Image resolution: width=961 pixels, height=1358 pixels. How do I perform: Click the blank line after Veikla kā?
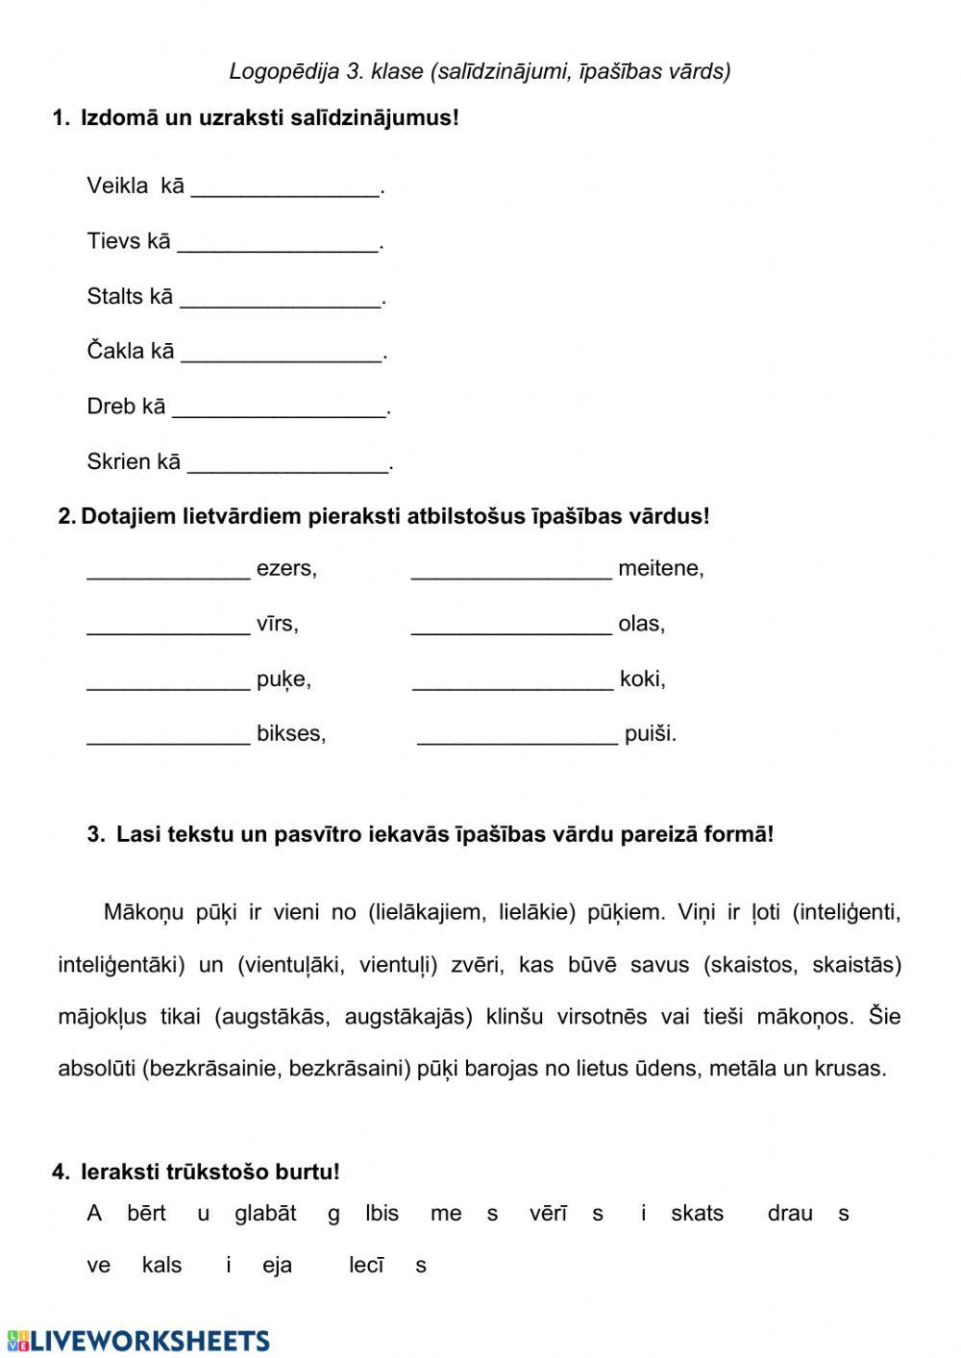pos(285,190)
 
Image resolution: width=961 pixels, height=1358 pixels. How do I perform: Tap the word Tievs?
pos(113,241)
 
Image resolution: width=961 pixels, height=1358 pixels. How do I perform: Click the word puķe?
pos(283,679)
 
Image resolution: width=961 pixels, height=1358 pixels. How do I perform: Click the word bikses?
pos(290,734)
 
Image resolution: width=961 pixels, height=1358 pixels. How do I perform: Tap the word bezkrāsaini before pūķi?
pos(349,1069)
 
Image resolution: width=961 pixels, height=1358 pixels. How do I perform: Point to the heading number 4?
pos(61,1173)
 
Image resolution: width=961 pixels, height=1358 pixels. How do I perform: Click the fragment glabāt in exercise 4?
pos(265,1214)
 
